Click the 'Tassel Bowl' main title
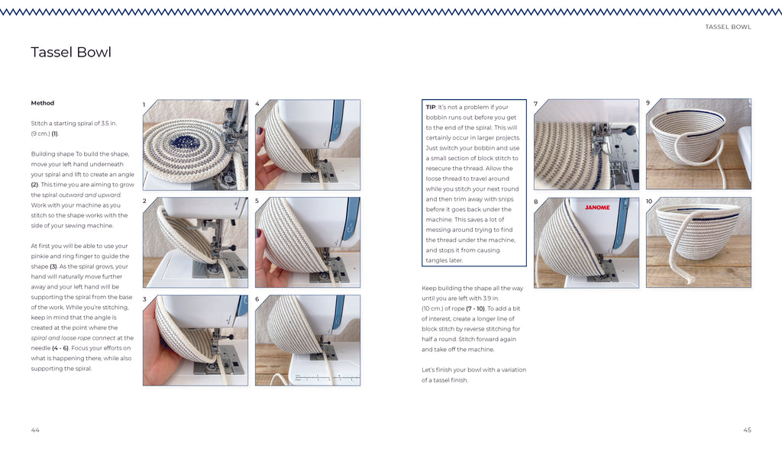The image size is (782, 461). [71, 53]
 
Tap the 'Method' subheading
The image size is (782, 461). [43, 103]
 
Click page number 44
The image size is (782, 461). [35, 430]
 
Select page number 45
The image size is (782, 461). [747, 430]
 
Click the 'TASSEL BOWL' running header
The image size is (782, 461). [728, 27]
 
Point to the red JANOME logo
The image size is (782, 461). [597, 208]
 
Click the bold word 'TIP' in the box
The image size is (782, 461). [431, 107]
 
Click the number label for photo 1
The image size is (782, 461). [144, 105]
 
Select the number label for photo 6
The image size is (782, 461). [257, 299]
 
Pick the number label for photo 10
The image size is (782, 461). [649, 201]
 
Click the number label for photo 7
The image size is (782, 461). [535, 104]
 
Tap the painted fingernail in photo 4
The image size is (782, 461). [260, 131]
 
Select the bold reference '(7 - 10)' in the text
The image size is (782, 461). [475, 308]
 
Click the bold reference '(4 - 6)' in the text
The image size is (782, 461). [60, 348]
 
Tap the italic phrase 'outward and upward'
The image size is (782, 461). [90, 195]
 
